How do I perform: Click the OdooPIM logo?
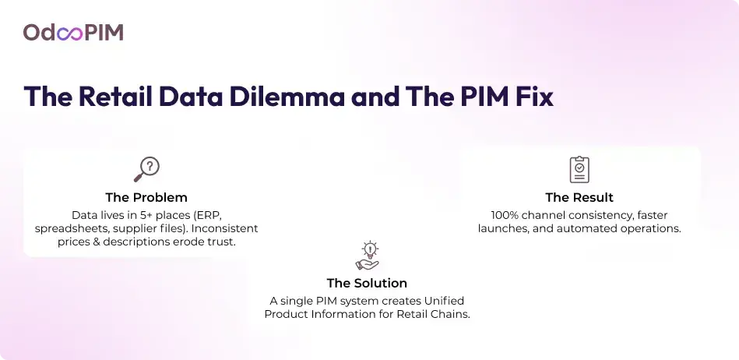[73, 33]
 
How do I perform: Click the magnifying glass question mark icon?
[146, 169]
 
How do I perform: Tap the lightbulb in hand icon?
[368, 256]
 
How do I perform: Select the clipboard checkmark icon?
[579, 169]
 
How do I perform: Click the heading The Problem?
[146, 197]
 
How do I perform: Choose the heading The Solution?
[367, 283]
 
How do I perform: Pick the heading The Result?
[579, 197]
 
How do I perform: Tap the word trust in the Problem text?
[222, 242]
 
